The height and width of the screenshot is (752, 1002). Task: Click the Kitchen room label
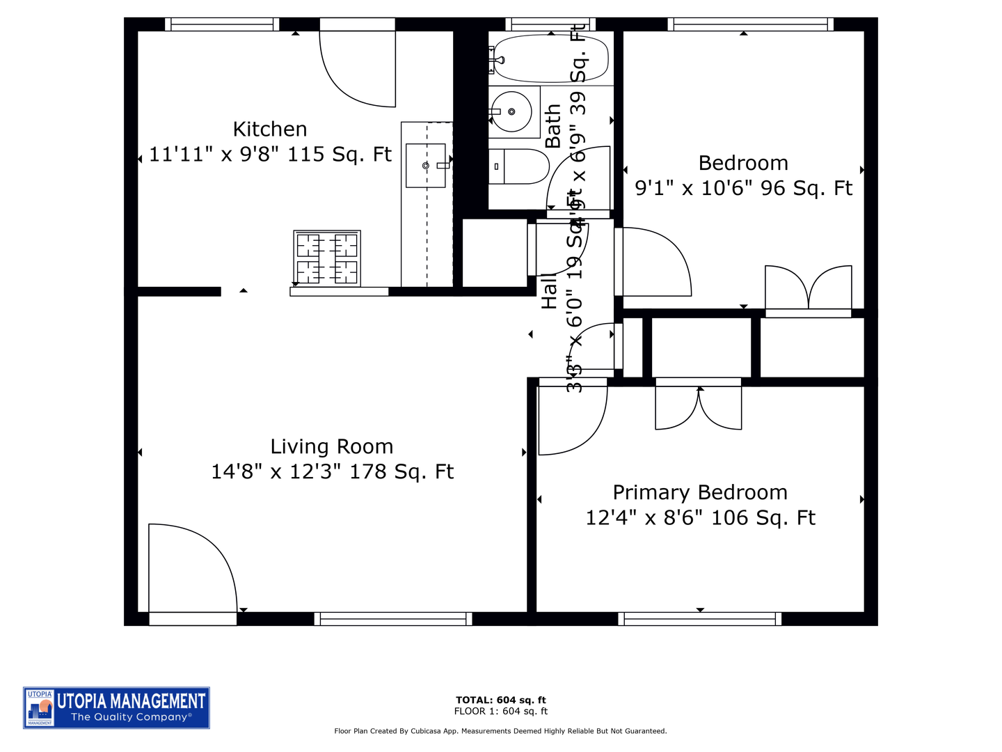point(270,130)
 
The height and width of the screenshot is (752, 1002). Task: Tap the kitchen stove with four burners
point(327,258)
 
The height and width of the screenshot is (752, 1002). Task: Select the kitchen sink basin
point(425,166)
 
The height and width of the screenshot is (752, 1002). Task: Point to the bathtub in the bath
point(550,59)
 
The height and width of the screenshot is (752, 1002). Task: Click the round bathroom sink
point(511,112)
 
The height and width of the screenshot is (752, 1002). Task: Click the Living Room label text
point(332,446)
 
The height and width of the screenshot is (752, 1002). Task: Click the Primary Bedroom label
point(700,492)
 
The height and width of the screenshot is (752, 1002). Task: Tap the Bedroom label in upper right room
point(743,163)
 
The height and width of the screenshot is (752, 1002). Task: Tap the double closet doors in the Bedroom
point(809,290)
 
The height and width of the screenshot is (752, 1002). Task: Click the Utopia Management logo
point(116,707)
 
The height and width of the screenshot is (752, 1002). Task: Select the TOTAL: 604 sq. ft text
point(501,700)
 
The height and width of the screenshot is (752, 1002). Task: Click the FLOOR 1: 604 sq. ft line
point(501,711)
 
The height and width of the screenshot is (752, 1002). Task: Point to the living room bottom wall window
point(393,618)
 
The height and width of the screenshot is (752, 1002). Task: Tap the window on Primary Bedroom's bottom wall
point(699,618)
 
